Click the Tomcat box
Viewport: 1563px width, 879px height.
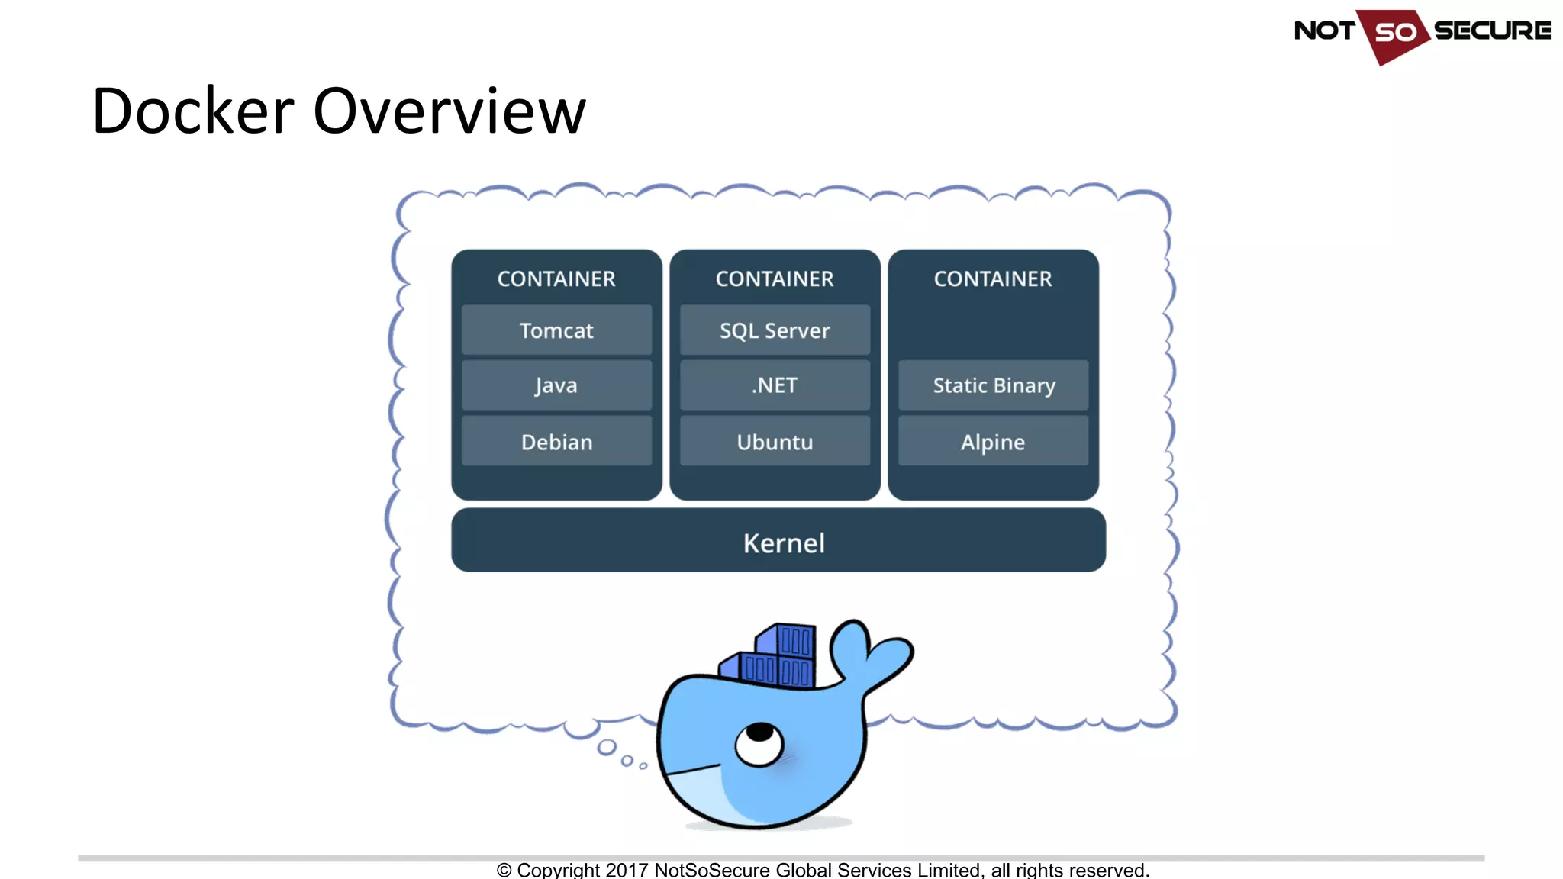(556, 330)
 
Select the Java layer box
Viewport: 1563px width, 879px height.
(556, 385)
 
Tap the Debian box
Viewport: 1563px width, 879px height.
(556, 442)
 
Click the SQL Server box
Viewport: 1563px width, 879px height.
(775, 330)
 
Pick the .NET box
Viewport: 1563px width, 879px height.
(775, 385)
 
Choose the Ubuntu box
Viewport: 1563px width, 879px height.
(775, 442)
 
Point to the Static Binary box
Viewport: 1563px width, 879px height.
(993, 385)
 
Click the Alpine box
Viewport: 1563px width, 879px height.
(993, 442)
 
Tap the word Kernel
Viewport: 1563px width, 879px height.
(784, 543)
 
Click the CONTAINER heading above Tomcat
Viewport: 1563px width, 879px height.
(556, 279)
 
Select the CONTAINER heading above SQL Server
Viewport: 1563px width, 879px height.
(775, 279)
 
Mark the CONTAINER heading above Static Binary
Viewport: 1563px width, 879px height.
(993, 279)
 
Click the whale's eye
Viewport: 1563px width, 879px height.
(759, 742)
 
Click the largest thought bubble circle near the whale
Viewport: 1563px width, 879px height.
(607, 747)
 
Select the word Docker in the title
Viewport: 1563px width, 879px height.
(192, 111)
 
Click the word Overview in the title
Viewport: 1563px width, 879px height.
(450, 111)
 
